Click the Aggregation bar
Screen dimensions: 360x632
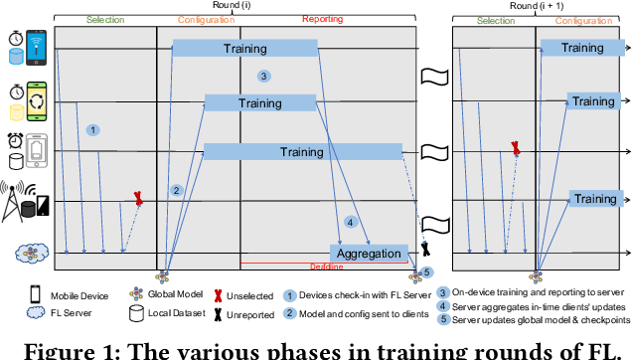point(368,254)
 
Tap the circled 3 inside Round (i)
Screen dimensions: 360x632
point(262,76)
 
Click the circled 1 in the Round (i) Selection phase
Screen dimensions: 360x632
point(92,129)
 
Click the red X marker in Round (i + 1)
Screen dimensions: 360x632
point(515,147)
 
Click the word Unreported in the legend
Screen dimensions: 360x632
point(239,314)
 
